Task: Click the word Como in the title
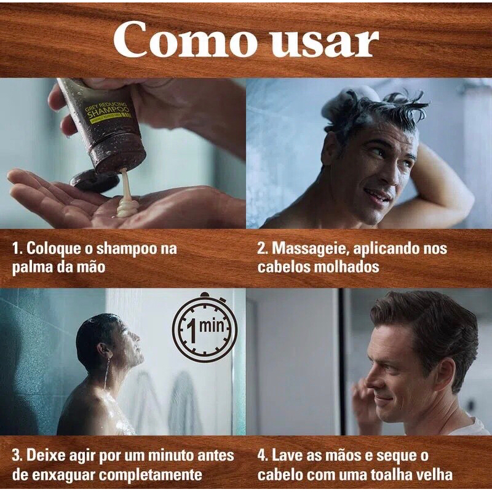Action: (x=185, y=40)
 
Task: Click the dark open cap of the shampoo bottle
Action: (x=95, y=180)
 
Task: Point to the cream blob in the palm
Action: (x=127, y=208)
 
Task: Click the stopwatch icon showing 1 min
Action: (x=205, y=327)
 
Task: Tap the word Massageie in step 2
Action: (x=310, y=248)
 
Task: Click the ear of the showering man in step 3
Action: (x=103, y=349)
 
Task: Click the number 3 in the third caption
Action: (x=16, y=456)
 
